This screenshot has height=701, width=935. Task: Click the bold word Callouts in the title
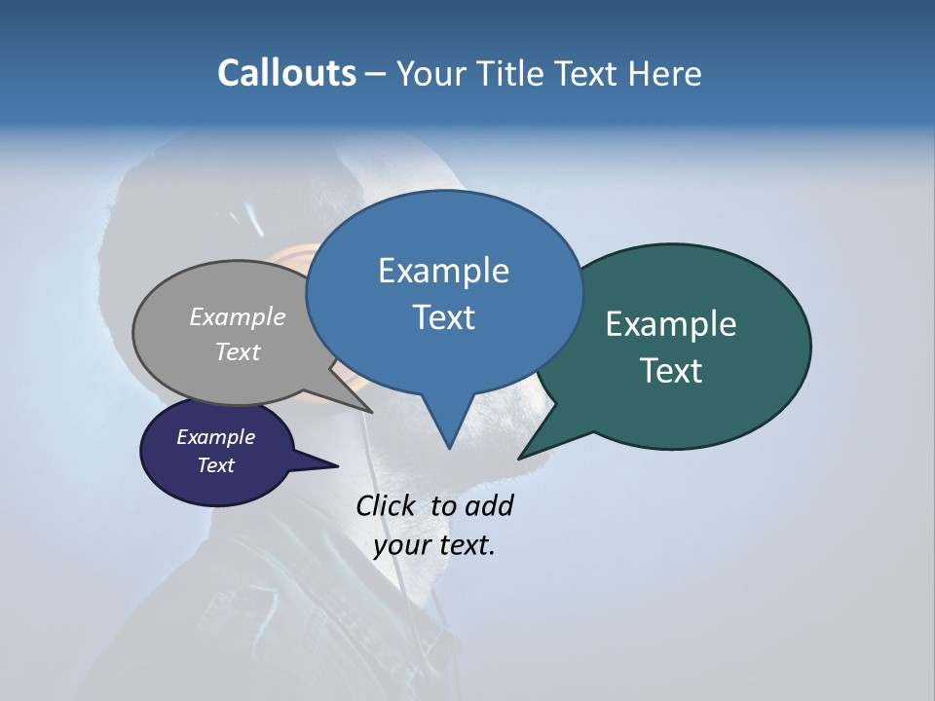(286, 73)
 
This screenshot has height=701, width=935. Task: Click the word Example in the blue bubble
(443, 271)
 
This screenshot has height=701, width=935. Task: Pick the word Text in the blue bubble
(443, 317)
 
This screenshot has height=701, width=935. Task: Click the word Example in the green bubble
(671, 324)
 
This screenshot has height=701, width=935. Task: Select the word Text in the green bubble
(671, 371)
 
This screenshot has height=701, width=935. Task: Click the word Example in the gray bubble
(238, 316)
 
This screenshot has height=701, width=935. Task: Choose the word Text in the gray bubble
(238, 351)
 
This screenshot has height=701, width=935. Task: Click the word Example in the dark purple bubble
(215, 437)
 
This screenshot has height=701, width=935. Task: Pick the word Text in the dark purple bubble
(215, 465)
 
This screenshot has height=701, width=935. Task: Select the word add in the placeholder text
(489, 505)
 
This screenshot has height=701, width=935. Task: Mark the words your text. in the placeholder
(434, 544)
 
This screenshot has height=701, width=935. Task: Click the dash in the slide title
(376, 73)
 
